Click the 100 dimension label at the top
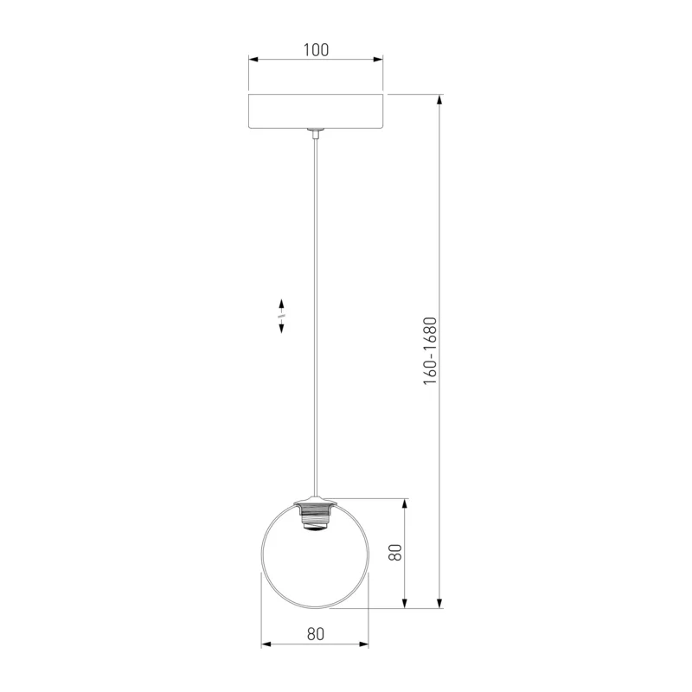(316, 50)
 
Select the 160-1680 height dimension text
(430, 351)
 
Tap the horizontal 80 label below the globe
(316, 634)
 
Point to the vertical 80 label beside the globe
(395, 553)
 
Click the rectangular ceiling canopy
(316, 112)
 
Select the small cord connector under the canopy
(316, 134)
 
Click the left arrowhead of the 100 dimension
(253, 60)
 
